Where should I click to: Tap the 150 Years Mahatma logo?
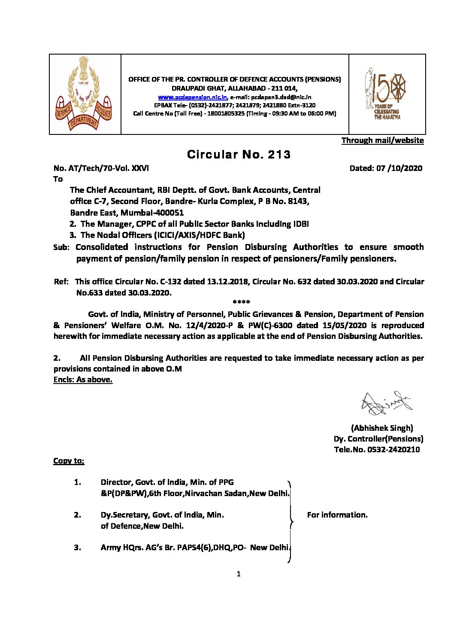point(385,93)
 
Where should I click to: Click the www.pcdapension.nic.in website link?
point(192,98)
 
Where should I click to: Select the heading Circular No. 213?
point(239,155)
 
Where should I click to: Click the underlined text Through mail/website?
point(382,140)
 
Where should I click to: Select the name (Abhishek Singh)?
point(382,428)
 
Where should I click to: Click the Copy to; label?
point(69,461)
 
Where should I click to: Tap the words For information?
point(337,515)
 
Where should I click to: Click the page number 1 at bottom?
point(239,574)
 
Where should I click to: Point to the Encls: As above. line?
point(83,380)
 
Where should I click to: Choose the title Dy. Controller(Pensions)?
point(378,439)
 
